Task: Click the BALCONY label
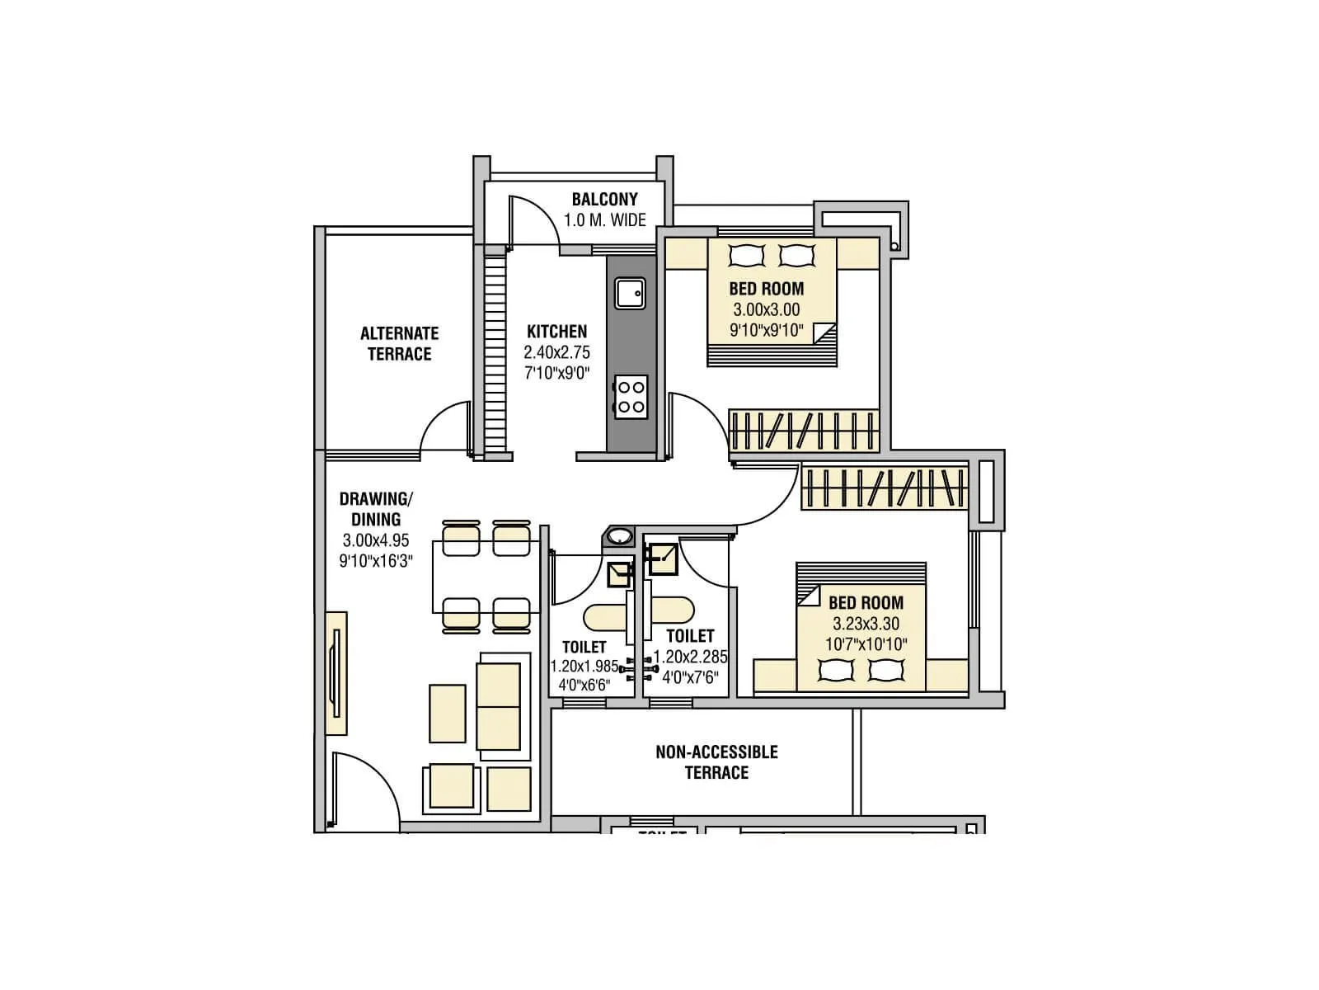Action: (x=604, y=200)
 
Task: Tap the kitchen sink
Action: (x=629, y=294)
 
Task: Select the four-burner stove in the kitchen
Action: (x=631, y=396)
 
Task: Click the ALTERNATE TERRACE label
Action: (x=399, y=343)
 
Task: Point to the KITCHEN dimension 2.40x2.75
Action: (x=556, y=352)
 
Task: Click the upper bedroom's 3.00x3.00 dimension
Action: (x=766, y=310)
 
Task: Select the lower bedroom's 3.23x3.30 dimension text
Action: (x=866, y=624)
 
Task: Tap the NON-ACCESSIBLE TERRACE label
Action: (x=716, y=761)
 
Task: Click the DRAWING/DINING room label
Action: (x=376, y=509)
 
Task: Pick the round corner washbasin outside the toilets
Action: (x=618, y=537)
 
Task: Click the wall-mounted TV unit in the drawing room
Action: (x=336, y=672)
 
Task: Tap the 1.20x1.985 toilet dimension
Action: (x=584, y=666)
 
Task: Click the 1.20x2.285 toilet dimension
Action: (x=690, y=658)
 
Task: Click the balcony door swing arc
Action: (x=536, y=221)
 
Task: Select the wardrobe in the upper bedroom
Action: (x=803, y=430)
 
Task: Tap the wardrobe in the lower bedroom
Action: (x=883, y=488)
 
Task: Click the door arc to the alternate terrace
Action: (x=445, y=426)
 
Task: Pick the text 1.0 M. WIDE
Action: (x=604, y=220)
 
